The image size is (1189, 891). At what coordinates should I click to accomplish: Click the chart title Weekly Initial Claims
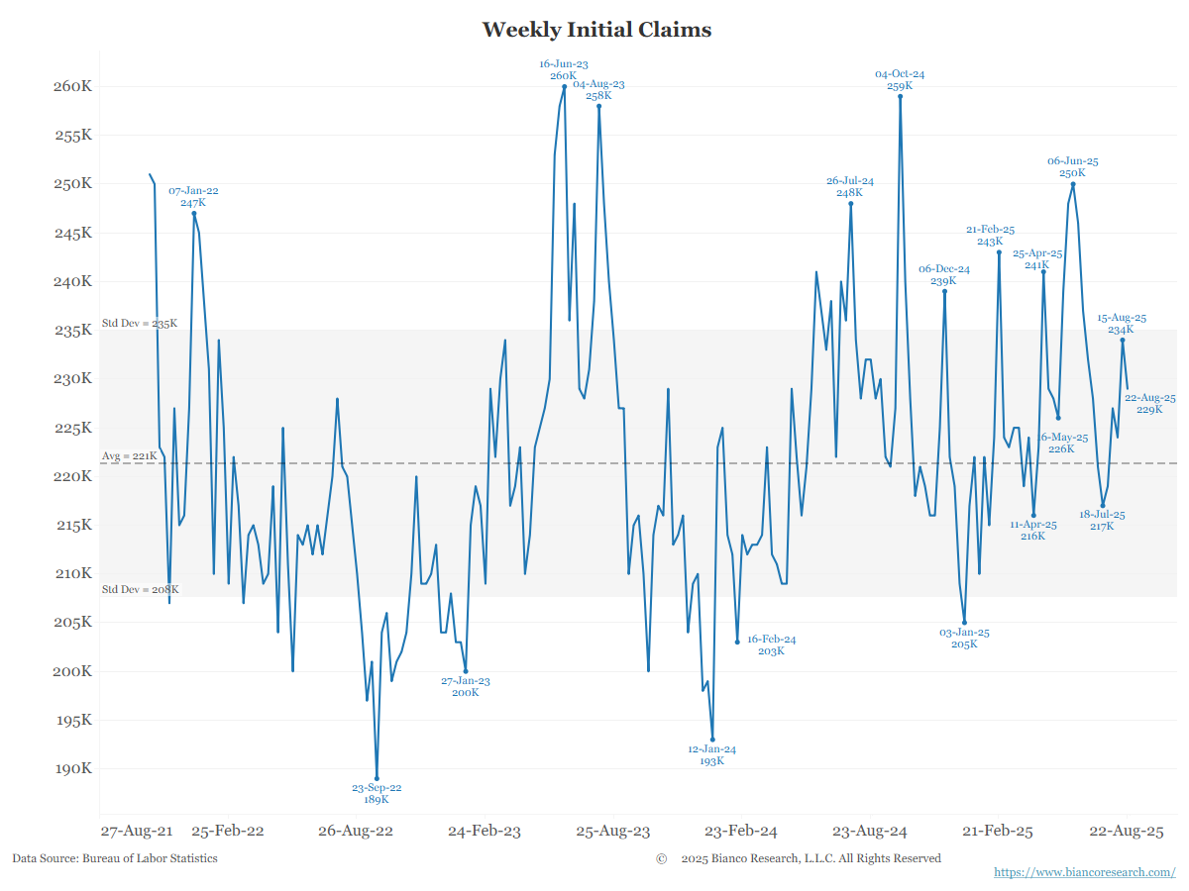click(x=596, y=30)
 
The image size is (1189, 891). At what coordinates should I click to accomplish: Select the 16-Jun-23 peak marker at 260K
click(x=564, y=86)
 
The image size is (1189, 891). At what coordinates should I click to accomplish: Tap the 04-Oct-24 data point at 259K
click(x=900, y=96)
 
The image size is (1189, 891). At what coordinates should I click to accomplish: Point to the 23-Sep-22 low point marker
click(x=377, y=779)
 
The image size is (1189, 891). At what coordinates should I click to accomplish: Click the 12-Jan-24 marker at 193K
click(x=712, y=740)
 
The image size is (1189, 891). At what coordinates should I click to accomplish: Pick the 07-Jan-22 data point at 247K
click(x=194, y=213)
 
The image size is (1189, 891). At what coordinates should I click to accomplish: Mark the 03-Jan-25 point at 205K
click(x=964, y=623)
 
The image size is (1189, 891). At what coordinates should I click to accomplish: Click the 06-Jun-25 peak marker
click(x=1073, y=184)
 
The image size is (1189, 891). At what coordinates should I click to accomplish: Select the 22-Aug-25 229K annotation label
click(x=1149, y=404)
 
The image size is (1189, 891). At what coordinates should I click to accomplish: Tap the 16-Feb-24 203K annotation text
click(x=771, y=645)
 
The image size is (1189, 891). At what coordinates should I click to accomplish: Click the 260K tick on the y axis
click(x=72, y=86)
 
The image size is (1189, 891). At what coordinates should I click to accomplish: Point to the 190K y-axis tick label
click(x=72, y=769)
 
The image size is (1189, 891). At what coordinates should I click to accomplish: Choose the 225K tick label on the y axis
click(x=72, y=428)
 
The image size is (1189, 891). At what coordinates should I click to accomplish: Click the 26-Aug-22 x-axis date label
click(x=355, y=832)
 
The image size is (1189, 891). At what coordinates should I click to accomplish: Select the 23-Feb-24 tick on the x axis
click(x=740, y=832)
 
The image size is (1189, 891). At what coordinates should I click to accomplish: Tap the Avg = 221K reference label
click(x=129, y=456)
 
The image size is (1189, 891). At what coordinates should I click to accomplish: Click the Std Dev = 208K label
click(x=140, y=590)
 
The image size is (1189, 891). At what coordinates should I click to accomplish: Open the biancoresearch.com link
click(x=1084, y=872)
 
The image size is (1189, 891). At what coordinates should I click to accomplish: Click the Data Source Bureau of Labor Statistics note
click(x=115, y=858)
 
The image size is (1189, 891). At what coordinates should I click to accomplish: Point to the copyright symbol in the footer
click(x=661, y=858)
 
